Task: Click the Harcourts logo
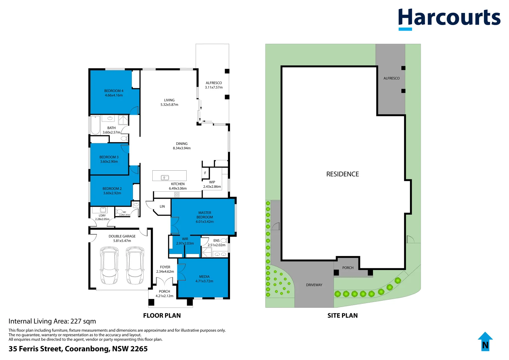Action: pos(449,19)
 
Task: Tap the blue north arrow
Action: pos(485,342)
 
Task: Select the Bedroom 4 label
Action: pos(114,91)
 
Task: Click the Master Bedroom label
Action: pos(205,215)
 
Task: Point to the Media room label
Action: pos(204,277)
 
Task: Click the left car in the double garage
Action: pos(109,265)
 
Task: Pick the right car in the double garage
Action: pos(135,265)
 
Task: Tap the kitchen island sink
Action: pos(165,178)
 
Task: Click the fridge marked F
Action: pos(205,173)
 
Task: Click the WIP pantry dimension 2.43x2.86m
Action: pos(212,187)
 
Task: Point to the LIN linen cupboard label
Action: pos(162,206)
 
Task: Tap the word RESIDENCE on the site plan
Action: pos(342,174)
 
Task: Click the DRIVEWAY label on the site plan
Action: pos(314,285)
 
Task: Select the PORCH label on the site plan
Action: pos(348,268)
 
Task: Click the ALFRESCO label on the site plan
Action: pos(391,78)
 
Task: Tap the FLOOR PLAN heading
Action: pos(162,315)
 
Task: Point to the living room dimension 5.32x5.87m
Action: pos(169,105)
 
